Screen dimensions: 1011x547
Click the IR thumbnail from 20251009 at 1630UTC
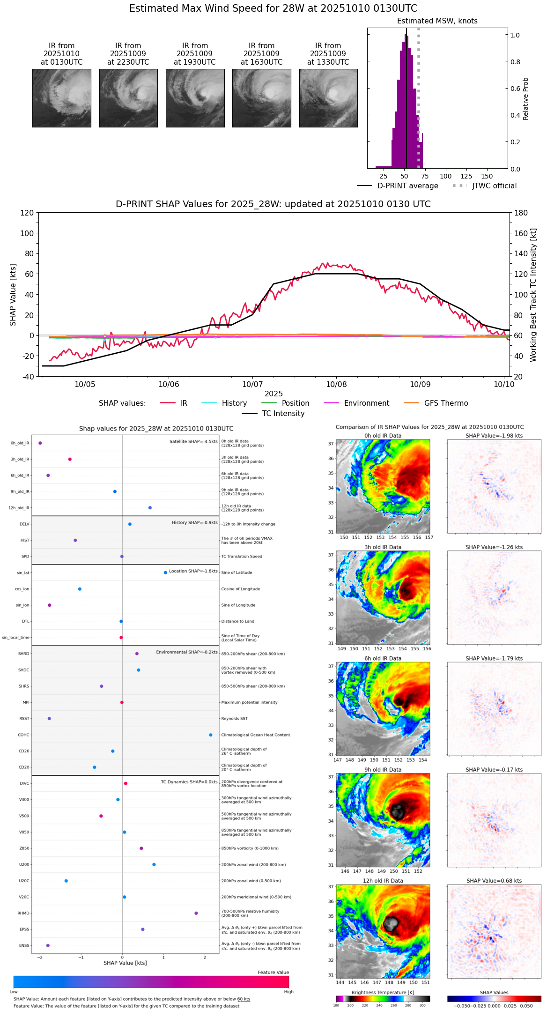point(261,98)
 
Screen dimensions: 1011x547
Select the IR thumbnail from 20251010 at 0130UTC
point(62,98)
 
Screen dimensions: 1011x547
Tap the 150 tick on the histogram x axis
point(487,177)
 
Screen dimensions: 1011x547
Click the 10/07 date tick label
point(252,385)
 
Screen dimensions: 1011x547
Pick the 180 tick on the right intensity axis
point(521,213)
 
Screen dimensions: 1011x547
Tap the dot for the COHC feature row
point(211,735)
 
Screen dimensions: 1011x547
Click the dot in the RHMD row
point(196,913)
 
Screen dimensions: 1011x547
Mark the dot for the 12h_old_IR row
point(150,508)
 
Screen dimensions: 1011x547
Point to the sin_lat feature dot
point(165,572)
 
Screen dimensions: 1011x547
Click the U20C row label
point(24,881)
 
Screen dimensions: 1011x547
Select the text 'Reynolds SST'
point(234,719)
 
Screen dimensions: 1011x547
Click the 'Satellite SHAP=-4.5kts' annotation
point(193,441)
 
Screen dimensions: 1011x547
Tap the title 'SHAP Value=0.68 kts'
point(494,881)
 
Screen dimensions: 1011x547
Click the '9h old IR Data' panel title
point(383,770)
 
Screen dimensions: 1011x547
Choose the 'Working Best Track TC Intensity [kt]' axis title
point(533,295)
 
